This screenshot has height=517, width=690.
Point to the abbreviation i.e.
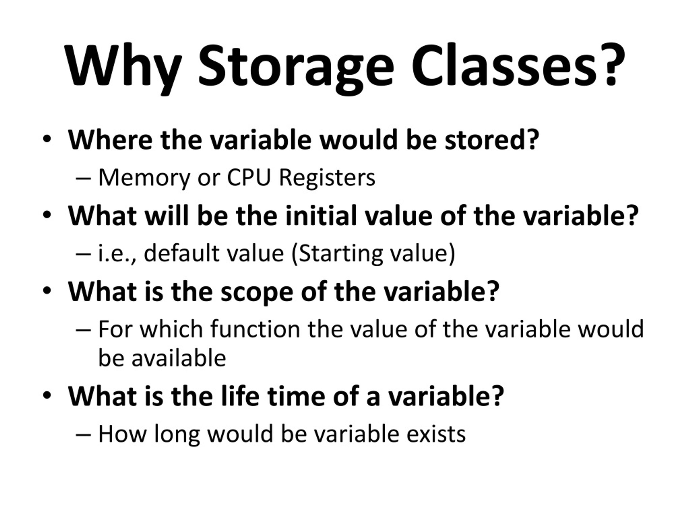coord(115,253)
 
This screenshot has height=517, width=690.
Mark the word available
coord(179,358)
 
